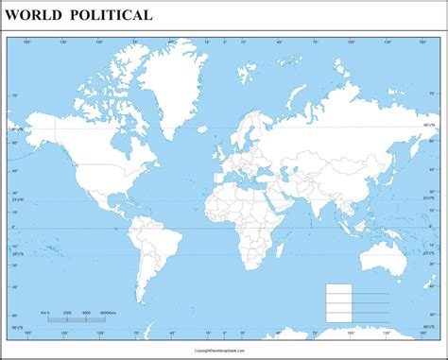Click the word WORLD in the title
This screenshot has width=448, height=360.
click(x=36, y=15)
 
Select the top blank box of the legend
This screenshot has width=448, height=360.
click(x=337, y=288)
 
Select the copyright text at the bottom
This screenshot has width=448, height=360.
click(x=223, y=348)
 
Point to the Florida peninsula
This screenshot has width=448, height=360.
click(x=115, y=190)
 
